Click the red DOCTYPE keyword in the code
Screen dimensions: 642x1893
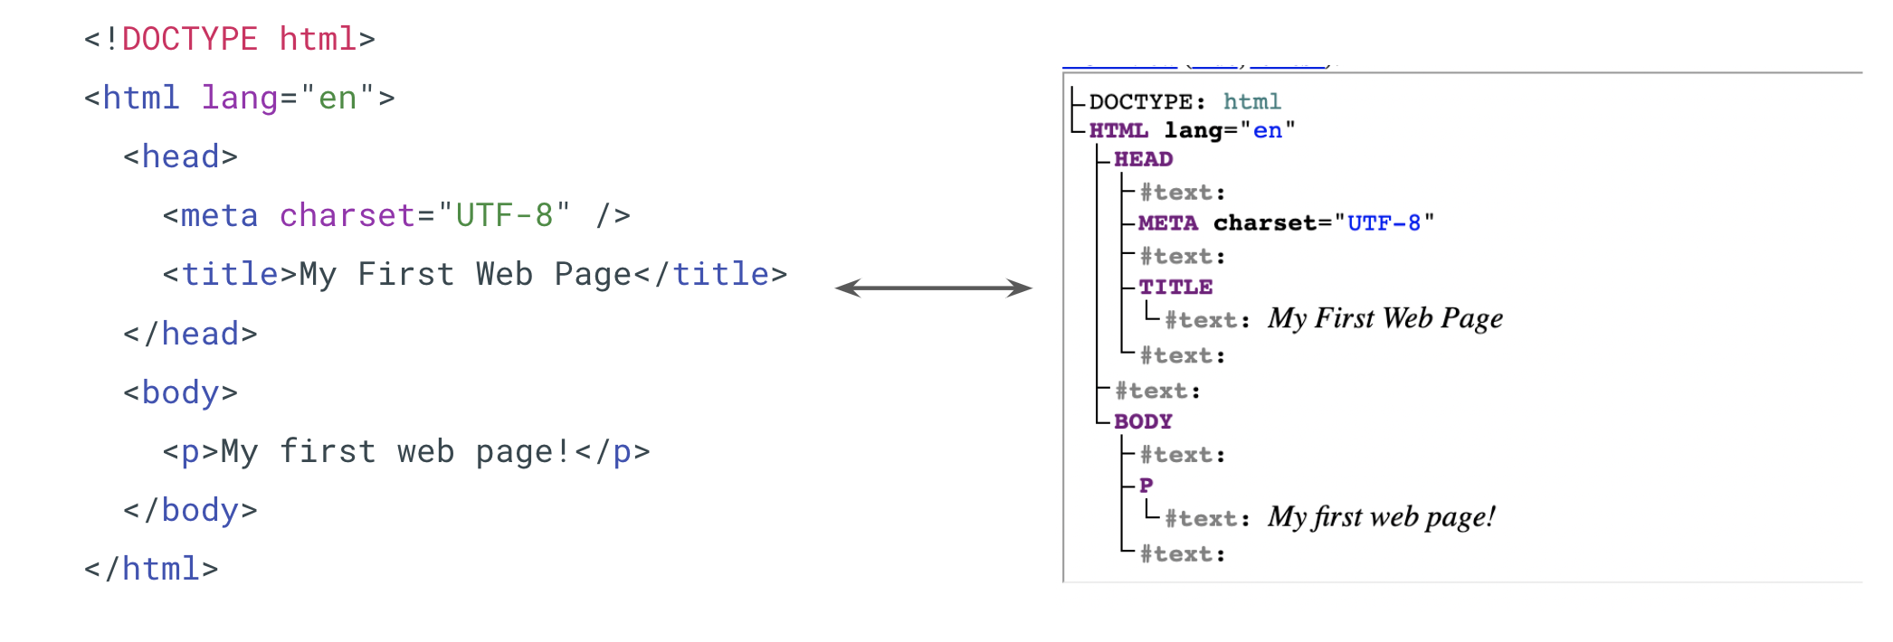click(x=189, y=40)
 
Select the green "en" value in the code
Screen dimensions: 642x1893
click(x=338, y=98)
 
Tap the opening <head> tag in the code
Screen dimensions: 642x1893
click(x=180, y=157)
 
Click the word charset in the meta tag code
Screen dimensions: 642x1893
click(x=347, y=216)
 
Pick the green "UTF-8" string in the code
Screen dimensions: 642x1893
click(x=504, y=216)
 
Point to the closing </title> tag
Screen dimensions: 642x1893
click(x=710, y=275)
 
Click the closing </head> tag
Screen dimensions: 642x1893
click(x=190, y=335)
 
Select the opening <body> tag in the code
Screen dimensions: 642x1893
click(x=180, y=393)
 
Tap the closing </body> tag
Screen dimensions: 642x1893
click(x=190, y=511)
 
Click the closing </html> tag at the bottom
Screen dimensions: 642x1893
click(x=151, y=570)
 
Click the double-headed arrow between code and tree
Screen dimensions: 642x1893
click(x=933, y=288)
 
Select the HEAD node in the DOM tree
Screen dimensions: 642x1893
click(x=1143, y=160)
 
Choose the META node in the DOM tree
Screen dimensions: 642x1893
click(x=1167, y=223)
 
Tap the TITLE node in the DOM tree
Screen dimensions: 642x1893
click(x=1175, y=288)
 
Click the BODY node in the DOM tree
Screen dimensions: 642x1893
click(x=1143, y=422)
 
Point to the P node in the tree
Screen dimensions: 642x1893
click(x=1146, y=486)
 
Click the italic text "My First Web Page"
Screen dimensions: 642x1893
click(x=1384, y=319)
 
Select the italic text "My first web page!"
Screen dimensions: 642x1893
click(x=1381, y=518)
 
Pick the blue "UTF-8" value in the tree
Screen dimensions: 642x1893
click(x=1384, y=223)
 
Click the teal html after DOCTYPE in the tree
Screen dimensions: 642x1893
click(x=1251, y=102)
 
